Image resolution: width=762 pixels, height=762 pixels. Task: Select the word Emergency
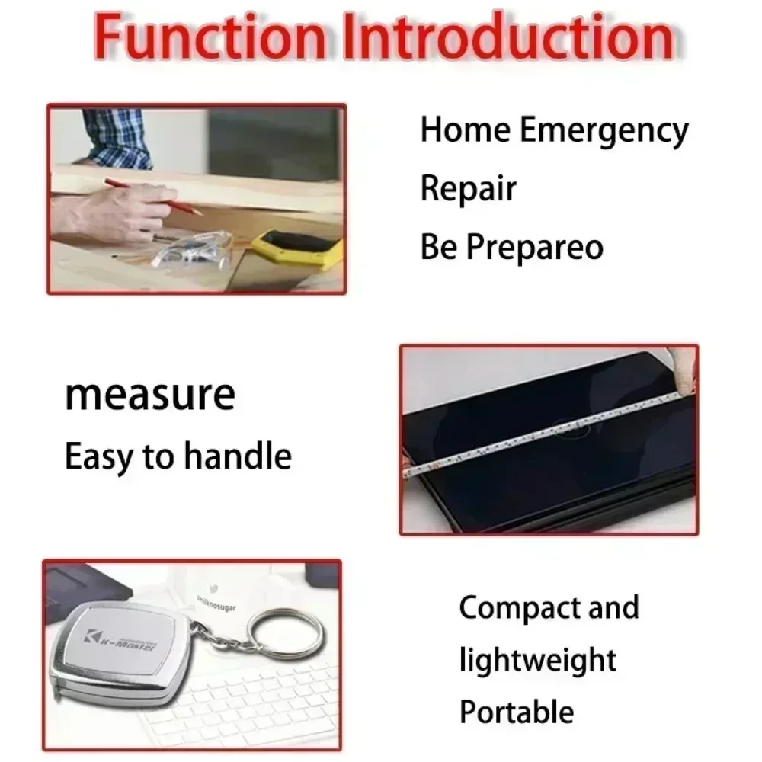click(x=604, y=130)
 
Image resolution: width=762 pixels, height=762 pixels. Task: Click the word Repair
click(x=469, y=188)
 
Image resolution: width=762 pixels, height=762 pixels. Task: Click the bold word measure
click(x=149, y=395)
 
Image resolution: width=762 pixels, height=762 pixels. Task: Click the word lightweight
click(x=537, y=659)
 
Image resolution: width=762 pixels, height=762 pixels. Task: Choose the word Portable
click(x=516, y=712)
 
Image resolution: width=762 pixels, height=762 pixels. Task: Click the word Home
click(x=465, y=130)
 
